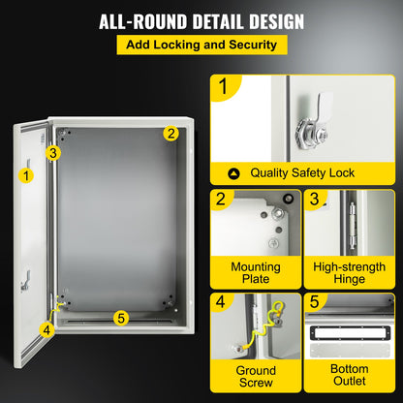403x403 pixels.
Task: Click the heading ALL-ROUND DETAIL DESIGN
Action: click(201, 20)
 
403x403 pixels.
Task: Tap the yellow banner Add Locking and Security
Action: click(201, 45)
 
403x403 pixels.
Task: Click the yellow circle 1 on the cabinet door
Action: click(25, 175)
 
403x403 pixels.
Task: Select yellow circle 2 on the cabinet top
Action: click(170, 134)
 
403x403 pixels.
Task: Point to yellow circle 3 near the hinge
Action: click(54, 151)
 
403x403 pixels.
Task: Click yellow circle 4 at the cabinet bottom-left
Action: click(46, 328)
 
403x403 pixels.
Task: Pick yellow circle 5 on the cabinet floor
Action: click(120, 316)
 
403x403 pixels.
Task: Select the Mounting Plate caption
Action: click(255, 272)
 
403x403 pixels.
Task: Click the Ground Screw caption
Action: click(255, 377)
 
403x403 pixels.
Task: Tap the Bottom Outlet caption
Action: click(349, 377)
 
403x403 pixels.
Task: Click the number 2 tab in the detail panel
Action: click(224, 201)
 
